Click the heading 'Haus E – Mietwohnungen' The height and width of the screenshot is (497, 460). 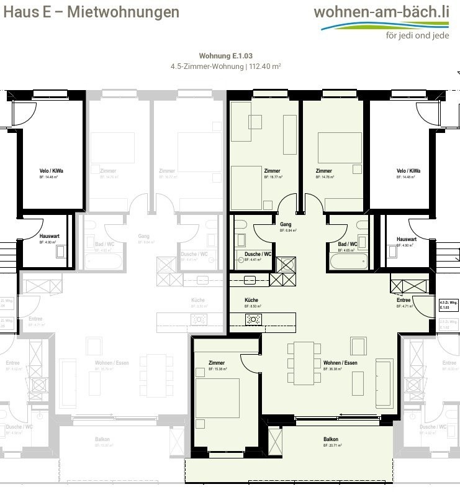click(91, 12)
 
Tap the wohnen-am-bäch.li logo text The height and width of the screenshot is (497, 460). click(381, 12)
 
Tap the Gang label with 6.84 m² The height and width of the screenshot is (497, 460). click(286, 225)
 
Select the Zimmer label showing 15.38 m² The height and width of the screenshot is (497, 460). click(217, 363)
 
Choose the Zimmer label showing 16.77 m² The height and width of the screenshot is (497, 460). click(271, 171)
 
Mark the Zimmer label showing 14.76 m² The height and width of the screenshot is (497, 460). click(323, 171)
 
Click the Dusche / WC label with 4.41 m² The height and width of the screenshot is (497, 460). click(258, 255)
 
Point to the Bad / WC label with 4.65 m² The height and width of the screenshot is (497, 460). click(348, 245)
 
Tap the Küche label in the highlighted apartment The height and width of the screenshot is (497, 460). click(251, 300)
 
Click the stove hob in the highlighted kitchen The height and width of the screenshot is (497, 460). click(253, 319)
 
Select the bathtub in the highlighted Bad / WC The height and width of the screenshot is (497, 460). click(350, 260)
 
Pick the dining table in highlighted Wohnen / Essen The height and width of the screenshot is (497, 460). click(304, 363)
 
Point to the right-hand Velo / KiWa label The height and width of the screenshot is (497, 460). click(408, 171)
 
